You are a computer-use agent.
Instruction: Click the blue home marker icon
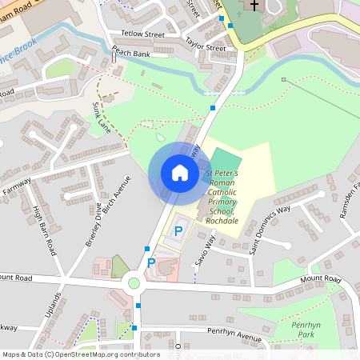[179, 173]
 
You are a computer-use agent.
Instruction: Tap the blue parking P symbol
[179, 231]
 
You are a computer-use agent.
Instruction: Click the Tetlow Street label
[142, 34]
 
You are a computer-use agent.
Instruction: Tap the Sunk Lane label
[102, 117]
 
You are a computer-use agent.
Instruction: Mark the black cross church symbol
[254, 6]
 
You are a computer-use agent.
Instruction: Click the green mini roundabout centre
[134, 282]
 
